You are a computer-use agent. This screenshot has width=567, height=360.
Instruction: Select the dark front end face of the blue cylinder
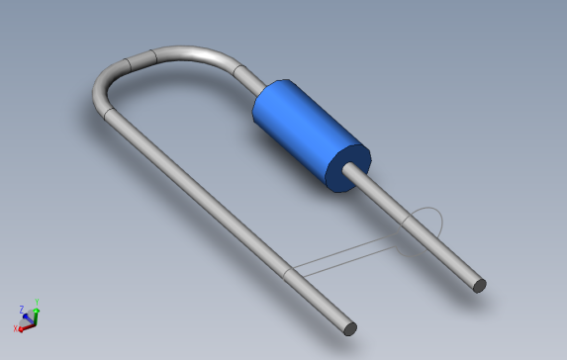click(347, 167)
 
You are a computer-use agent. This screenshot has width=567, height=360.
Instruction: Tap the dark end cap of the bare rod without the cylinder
click(349, 328)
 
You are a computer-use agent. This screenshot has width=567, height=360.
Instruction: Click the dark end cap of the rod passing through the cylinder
click(479, 286)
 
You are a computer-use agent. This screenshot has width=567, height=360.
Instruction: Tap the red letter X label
click(15, 328)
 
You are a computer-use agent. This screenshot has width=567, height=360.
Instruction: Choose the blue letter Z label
click(21, 309)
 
